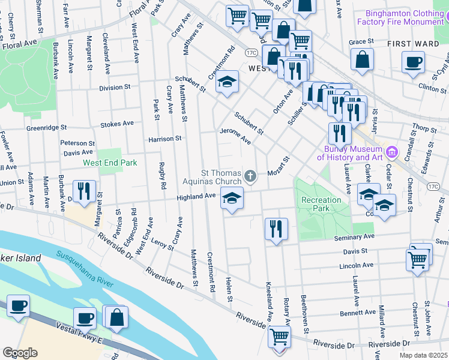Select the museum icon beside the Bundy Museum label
(x=393, y=150)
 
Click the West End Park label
(x=110, y=163)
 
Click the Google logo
(x=20, y=352)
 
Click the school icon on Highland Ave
(x=232, y=197)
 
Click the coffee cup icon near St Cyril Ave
(x=413, y=62)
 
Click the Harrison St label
(x=165, y=139)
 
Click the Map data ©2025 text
(x=422, y=355)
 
